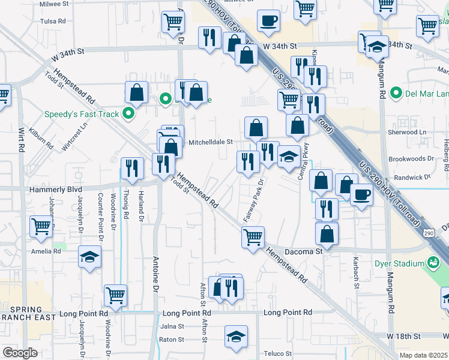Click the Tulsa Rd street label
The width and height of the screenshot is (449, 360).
pos(53,21)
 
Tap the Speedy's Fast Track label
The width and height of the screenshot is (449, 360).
pos(81,114)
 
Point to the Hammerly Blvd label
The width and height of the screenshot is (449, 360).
pos(55,189)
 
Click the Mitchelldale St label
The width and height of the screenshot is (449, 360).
pos(211,142)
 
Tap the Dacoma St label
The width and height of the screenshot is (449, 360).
pos(303,252)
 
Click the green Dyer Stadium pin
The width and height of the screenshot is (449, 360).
pos(432,262)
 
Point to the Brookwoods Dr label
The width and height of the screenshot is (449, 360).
pos(411,159)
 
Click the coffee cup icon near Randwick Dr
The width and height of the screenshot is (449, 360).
pos(361,194)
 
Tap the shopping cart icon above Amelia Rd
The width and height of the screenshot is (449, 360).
pos(41,226)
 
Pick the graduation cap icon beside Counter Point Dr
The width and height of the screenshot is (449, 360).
pos(90,257)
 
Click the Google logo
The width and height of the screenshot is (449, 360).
pos(20,352)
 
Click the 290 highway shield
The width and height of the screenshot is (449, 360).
pos(428,232)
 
